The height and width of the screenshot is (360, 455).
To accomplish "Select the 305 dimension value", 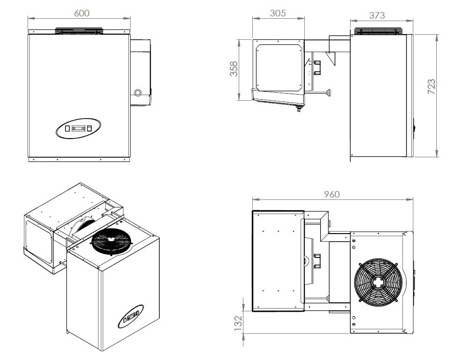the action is [278, 13].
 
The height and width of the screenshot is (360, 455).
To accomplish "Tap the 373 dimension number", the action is [377, 15].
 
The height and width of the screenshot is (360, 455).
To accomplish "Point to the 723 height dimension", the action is [432, 87].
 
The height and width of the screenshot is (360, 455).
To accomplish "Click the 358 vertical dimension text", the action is [235, 69].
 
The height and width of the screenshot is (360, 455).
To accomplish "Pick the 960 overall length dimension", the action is [332, 194].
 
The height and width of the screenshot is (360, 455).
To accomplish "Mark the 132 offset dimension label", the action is [238, 322].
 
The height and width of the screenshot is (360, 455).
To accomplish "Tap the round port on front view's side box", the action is [138, 92].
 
